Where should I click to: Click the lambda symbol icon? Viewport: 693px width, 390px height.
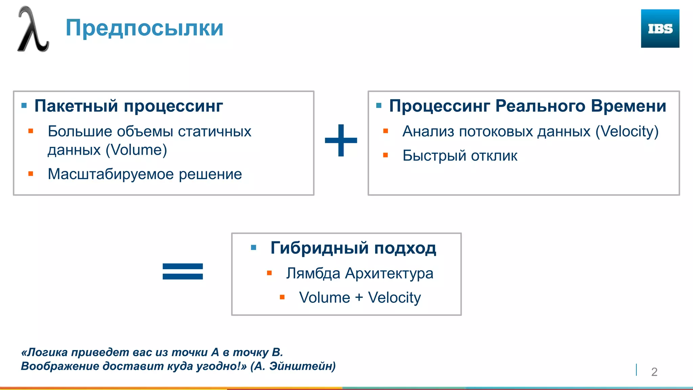33,30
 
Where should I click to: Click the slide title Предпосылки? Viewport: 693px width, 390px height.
144,28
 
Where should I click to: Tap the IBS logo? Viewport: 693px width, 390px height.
660,28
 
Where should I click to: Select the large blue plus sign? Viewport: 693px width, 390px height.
341,140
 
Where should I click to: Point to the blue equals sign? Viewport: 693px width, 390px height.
183,272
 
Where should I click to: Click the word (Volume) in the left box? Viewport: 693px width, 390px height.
136,150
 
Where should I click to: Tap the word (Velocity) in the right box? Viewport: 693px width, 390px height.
627,131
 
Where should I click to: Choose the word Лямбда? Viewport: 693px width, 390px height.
313,273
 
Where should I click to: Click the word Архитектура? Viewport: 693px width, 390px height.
389,273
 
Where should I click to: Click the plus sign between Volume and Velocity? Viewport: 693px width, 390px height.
359,298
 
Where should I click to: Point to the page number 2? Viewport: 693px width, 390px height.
654,372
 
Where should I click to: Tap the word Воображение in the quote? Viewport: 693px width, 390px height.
60,366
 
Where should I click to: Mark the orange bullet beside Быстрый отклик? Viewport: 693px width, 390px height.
385,155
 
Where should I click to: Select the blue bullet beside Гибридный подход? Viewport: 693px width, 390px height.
253,248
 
